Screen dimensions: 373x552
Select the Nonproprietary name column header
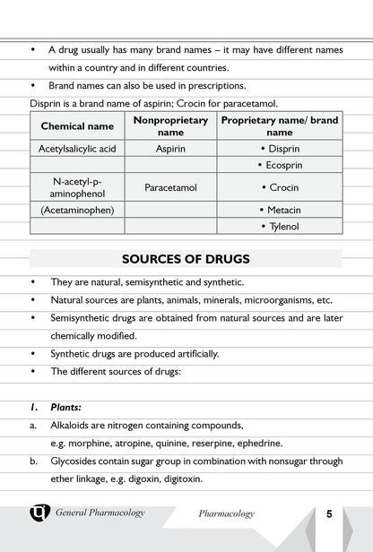[170, 126]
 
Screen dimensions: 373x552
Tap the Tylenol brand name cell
[280, 226]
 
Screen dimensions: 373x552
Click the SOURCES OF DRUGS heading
[186, 260]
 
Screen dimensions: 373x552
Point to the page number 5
[329, 514]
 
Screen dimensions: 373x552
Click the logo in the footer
[40, 513]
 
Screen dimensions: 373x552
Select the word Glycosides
[74, 461]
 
